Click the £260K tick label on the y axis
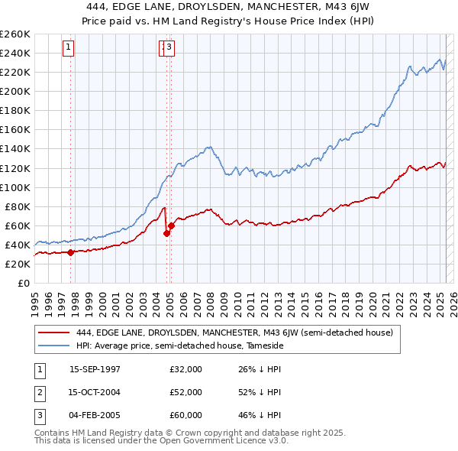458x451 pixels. (15, 34)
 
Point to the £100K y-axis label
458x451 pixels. (15, 187)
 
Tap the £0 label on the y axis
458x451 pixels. (24, 284)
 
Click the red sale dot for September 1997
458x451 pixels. (71, 252)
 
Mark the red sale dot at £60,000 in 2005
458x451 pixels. (171, 226)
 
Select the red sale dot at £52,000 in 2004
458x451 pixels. (166, 233)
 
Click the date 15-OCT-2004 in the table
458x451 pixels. (95, 392)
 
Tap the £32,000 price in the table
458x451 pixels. (185, 369)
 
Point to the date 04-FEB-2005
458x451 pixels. (95, 415)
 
